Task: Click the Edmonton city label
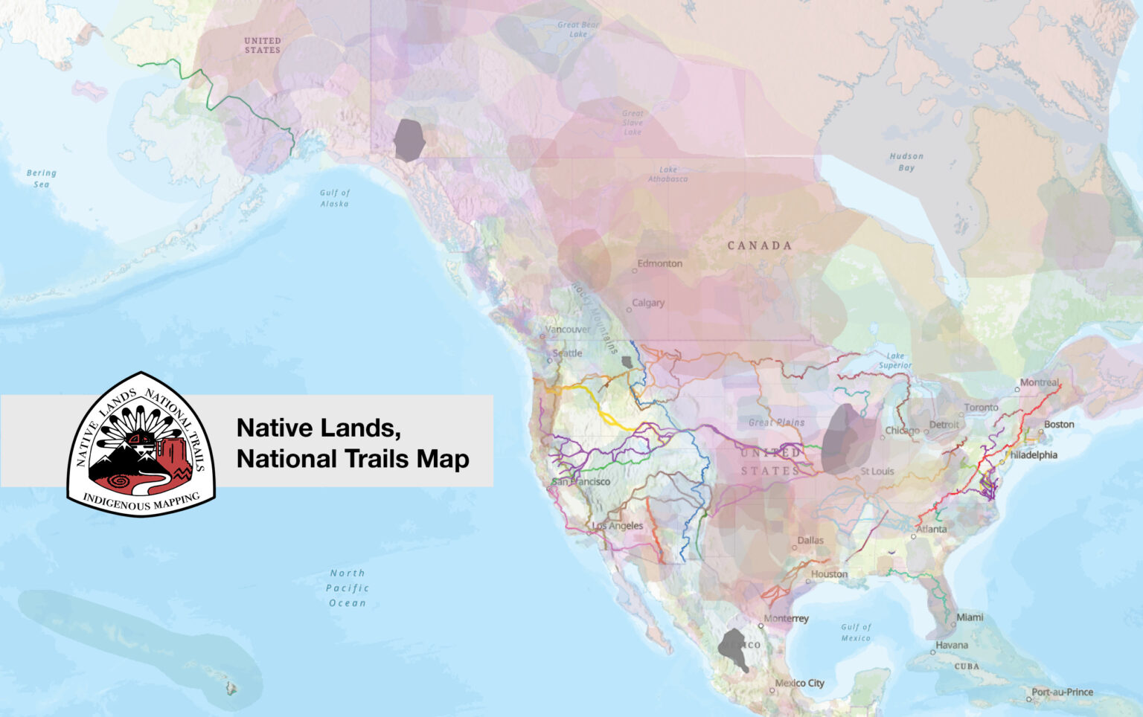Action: click(x=659, y=263)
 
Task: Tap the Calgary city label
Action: click(x=648, y=303)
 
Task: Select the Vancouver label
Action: click(x=568, y=329)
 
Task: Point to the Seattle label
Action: click(x=567, y=353)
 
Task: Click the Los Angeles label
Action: click(x=618, y=526)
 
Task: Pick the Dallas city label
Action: click(x=810, y=541)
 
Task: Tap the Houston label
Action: click(x=829, y=574)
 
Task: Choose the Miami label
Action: click(x=970, y=617)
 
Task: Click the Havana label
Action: click(x=952, y=645)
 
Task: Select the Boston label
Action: click(x=1058, y=425)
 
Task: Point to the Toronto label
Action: click(x=982, y=408)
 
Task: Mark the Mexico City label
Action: click(x=799, y=683)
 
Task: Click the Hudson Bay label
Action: click(x=906, y=162)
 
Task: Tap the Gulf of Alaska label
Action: click(x=334, y=198)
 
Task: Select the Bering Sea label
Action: click(x=42, y=179)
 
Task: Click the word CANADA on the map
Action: click(x=759, y=245)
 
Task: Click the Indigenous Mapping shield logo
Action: click(x=141, y=444)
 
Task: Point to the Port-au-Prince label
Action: click(x=1062, y=692)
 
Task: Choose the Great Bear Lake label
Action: click(x=578, y=29)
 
